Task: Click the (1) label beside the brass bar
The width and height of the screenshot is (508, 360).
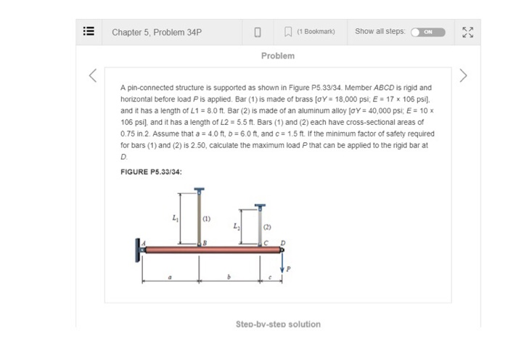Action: (x=206, y=218)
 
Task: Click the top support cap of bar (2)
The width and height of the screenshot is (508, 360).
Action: (x=255, y=206)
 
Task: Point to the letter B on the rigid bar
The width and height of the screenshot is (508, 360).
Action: (x=205, y=244)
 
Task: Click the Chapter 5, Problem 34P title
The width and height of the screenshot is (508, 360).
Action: (x=156, y=32)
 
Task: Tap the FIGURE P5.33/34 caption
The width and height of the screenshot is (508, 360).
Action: (x=151, y=171)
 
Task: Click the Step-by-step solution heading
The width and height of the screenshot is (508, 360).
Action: (x=278, y=324)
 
